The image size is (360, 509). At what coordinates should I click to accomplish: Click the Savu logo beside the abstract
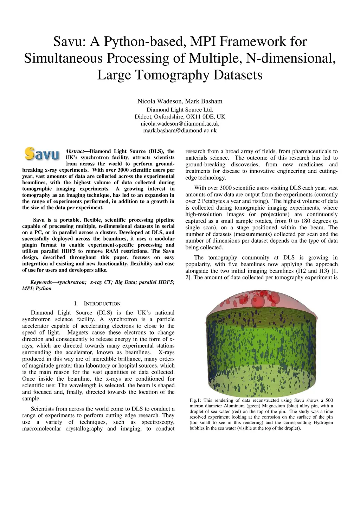42,154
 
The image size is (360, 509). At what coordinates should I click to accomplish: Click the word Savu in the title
69,42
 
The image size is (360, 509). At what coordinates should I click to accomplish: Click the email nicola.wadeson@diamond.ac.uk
180,124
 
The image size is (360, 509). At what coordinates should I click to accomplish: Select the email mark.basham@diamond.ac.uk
180,131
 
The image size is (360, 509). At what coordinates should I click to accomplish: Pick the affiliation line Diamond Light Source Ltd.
180,110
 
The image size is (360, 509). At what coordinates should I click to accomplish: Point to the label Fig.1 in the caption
195,400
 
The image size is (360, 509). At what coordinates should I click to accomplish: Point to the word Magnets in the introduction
78,332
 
